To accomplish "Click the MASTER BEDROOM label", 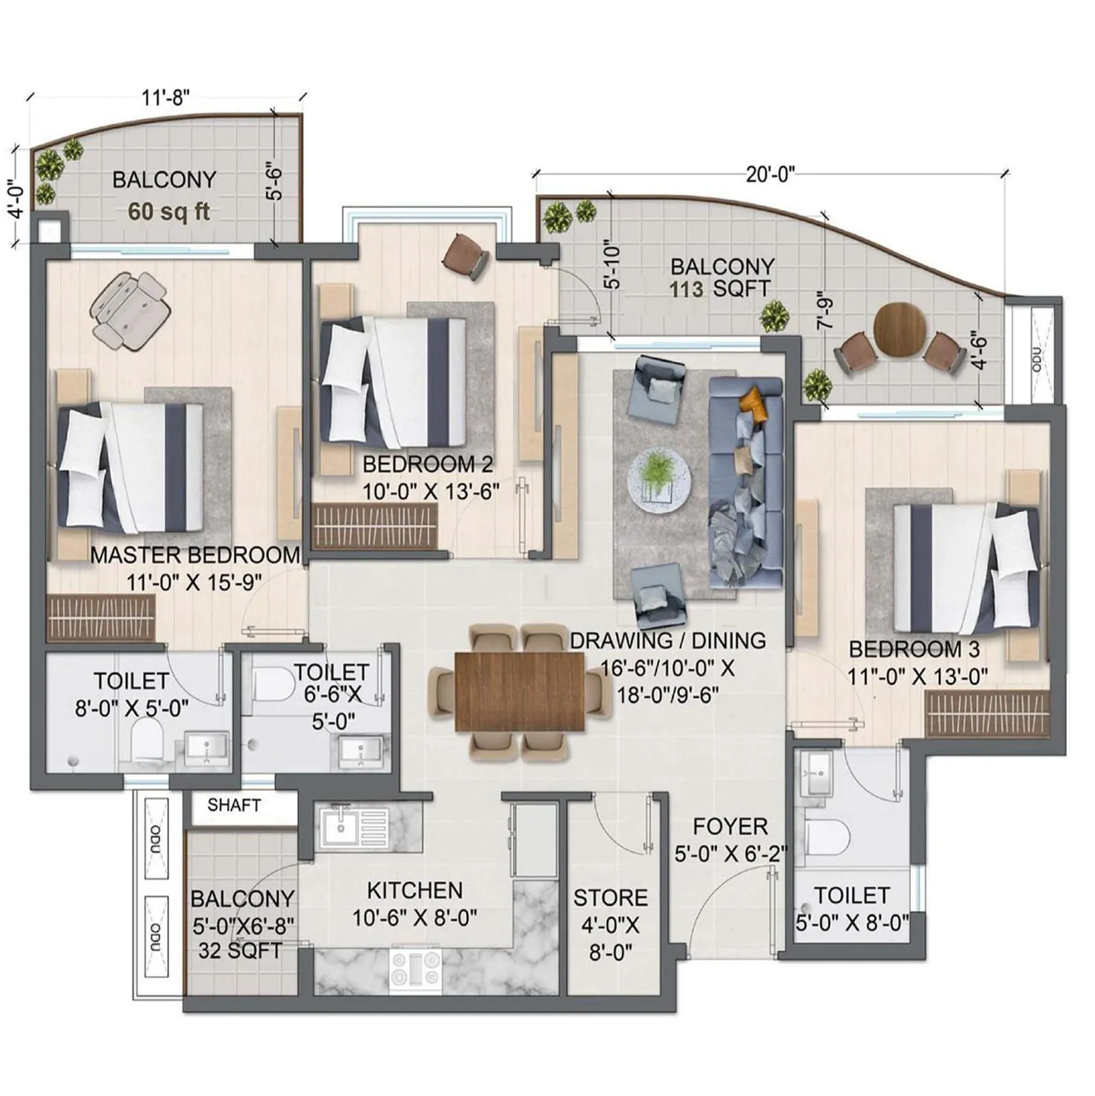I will point(195,555).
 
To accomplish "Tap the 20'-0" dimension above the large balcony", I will point(771,174).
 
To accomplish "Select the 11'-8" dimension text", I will point(165,98).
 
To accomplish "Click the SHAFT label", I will point(234,805).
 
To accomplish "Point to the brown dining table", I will point(519,691).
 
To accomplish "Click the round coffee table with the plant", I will point(658,479).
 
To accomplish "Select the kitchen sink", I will point(353,828).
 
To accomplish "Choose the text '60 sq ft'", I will point(168,212).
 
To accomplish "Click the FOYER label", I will point(730,826).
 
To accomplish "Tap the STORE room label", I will point(610,897).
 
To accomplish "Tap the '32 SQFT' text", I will point(240,951).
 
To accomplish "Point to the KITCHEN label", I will point(415,891).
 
